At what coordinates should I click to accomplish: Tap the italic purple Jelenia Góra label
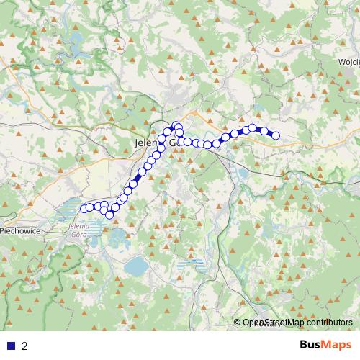[79, 231]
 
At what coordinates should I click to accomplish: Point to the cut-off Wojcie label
[348, 62]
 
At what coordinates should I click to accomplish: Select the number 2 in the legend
[24, 346]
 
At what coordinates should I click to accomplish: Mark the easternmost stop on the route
[276, 135]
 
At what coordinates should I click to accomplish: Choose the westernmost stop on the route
[83, 209]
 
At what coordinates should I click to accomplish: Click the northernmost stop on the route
[175, 125]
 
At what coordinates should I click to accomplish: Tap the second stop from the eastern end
[264, 131]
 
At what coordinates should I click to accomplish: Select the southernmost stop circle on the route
[109, 215]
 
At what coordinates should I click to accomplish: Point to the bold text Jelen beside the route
[147, 143]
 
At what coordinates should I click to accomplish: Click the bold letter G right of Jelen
[174, 143]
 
